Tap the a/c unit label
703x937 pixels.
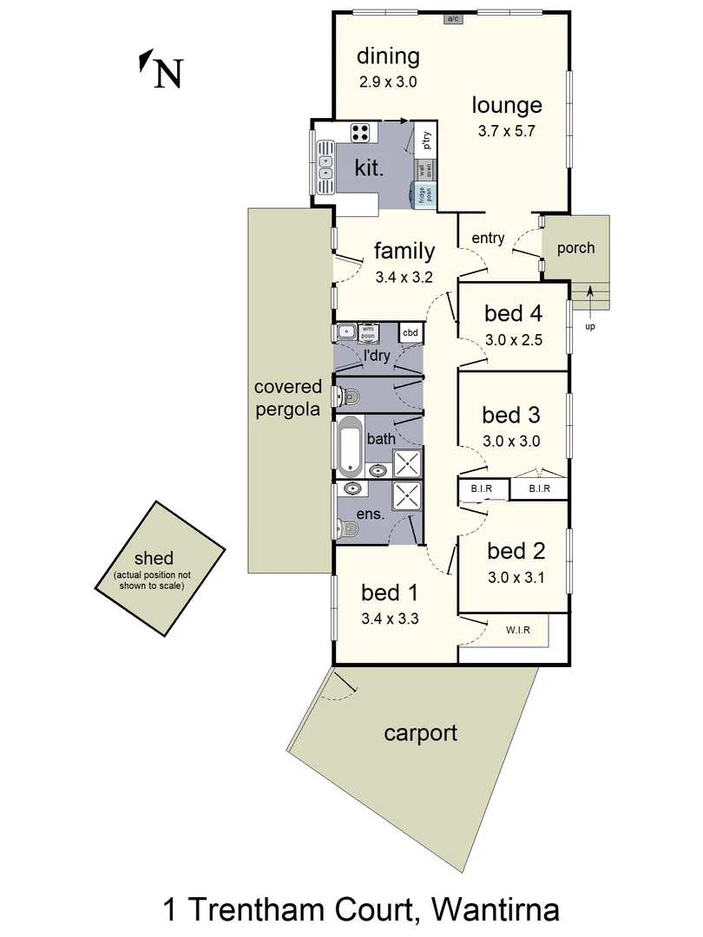(452, 18)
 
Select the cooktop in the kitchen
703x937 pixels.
(361, 133)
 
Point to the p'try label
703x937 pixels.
(427, 141)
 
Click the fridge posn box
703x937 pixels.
(426, 195)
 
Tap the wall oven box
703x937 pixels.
(426, 170)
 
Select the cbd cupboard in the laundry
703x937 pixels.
(411, 332)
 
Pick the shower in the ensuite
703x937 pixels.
(406, 496)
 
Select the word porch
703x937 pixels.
(575, 248)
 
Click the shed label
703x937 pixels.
(154, 558)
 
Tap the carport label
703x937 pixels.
(420, 733)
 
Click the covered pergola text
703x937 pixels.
(288, 397)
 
